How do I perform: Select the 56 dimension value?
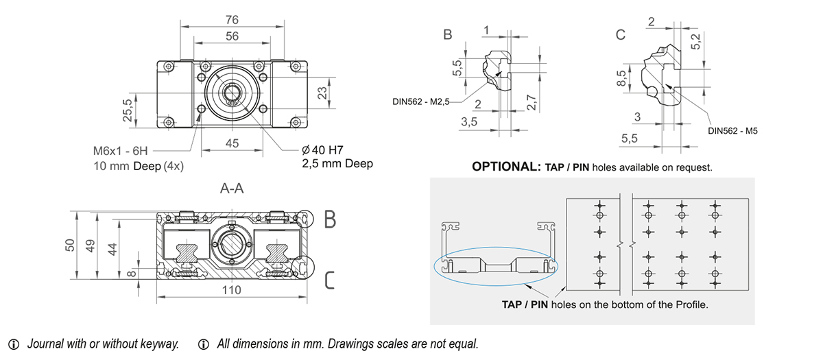tap(232, 36)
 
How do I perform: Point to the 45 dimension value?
tap(232, 143)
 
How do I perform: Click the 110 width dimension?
tap(232, 290)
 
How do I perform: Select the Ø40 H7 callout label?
tap(322, 150)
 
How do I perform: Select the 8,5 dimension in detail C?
tap(621, 77)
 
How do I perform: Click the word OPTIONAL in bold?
tap(506, 167)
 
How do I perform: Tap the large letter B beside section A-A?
tap(330, 219)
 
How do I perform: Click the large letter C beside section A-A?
tap(330, 280)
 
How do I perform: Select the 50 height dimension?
tap(69, 245)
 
